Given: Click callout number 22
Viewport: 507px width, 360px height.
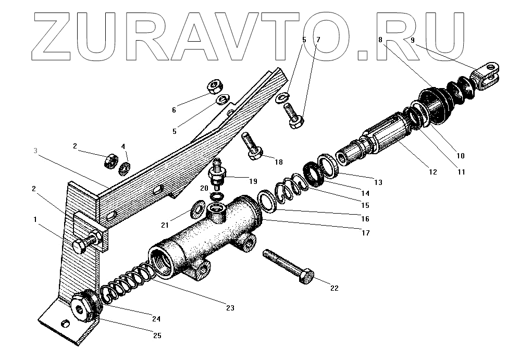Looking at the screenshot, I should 335,288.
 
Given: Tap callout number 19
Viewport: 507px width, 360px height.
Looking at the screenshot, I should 253,181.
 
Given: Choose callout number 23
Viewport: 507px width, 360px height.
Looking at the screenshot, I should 230,308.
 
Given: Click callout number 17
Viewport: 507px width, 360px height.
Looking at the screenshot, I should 365,233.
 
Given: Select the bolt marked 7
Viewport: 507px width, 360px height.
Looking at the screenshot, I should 292,115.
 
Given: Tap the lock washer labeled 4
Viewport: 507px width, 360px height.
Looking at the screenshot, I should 125,169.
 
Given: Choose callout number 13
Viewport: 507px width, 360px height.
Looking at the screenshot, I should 378,182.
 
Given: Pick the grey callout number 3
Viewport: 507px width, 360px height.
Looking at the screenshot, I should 35,151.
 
